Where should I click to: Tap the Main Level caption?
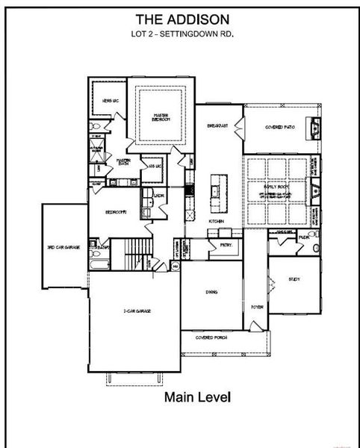197,397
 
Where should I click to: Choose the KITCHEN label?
217,222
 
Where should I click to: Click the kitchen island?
217,190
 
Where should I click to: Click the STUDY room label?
293,280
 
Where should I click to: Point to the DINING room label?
212,292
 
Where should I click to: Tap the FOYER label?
257,306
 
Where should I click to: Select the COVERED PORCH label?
211,337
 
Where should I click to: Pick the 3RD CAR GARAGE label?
63,246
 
